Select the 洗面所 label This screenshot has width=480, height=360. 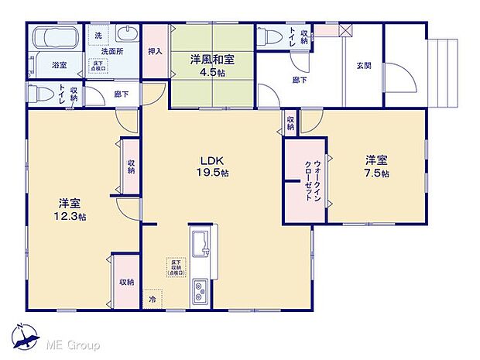(x=113, y=52)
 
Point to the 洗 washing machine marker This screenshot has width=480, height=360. (x=98, y=35)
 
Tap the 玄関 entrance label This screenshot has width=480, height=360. (x=364, y=65)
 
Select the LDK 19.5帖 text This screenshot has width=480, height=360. (x=211, y=166)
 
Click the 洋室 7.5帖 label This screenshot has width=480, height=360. (x=376, y=166)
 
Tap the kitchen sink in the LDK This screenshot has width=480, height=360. (x=200, y=242)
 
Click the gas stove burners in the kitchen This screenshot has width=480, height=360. (x=200, y=292)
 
